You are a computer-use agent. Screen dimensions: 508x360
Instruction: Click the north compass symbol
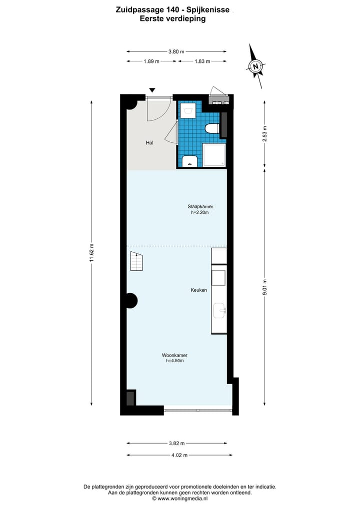[256, 66]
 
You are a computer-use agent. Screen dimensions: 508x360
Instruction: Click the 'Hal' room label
[149, 143]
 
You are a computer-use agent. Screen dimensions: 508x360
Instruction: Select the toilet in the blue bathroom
[212, 129]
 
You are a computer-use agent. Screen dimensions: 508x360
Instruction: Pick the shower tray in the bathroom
[213, 155]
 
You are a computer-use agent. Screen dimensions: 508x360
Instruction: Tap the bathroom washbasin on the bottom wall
[189, 161]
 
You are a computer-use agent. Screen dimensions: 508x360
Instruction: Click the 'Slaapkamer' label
[200, 206]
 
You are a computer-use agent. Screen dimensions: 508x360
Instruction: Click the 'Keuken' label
[198, 290]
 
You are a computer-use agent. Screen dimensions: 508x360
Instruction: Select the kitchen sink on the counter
[219, 311]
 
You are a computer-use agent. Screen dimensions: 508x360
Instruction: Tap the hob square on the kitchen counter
[218, 277]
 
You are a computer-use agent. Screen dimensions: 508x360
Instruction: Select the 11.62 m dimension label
[91, 253]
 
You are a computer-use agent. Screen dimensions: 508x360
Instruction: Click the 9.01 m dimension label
[265, 287]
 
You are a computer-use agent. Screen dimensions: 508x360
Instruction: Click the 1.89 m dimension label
[151, 61]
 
